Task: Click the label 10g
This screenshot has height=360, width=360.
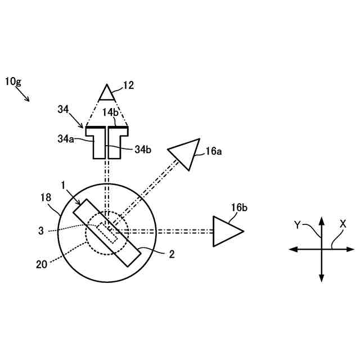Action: pos(15,82)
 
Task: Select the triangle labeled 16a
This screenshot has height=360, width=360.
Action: pos(186,152)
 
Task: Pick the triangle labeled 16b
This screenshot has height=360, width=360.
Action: pos(226,231)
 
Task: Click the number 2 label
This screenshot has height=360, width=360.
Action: pos(172,254)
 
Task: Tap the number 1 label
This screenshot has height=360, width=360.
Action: pos(65,184)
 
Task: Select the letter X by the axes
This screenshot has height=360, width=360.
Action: pos(343,223)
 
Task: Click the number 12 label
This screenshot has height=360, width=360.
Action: pos(129,85)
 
